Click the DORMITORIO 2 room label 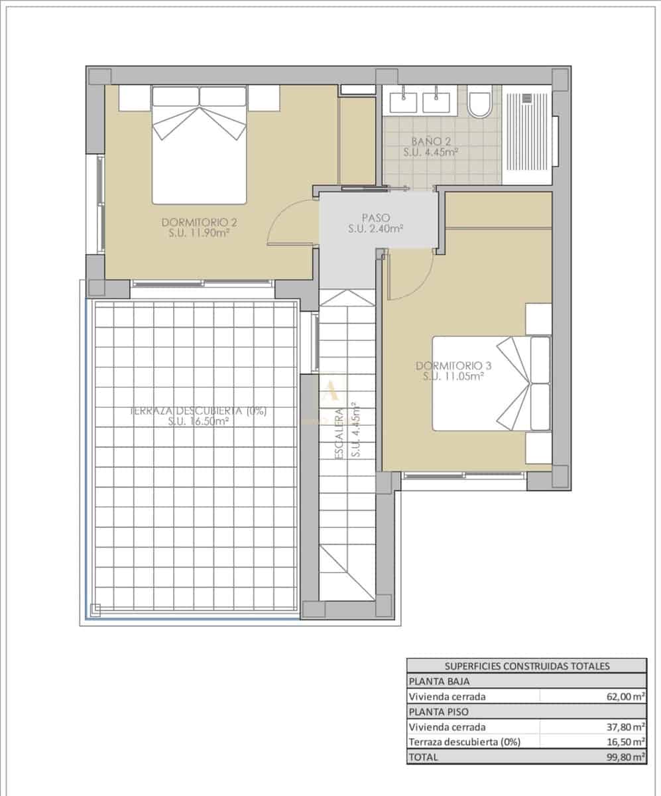200,228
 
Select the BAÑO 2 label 431,147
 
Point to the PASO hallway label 376,223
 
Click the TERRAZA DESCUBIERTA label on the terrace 198,415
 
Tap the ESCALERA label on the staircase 347,431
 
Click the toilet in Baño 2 479,102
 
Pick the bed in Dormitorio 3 491,383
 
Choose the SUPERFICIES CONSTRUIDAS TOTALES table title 526,667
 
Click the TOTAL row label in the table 425,757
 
